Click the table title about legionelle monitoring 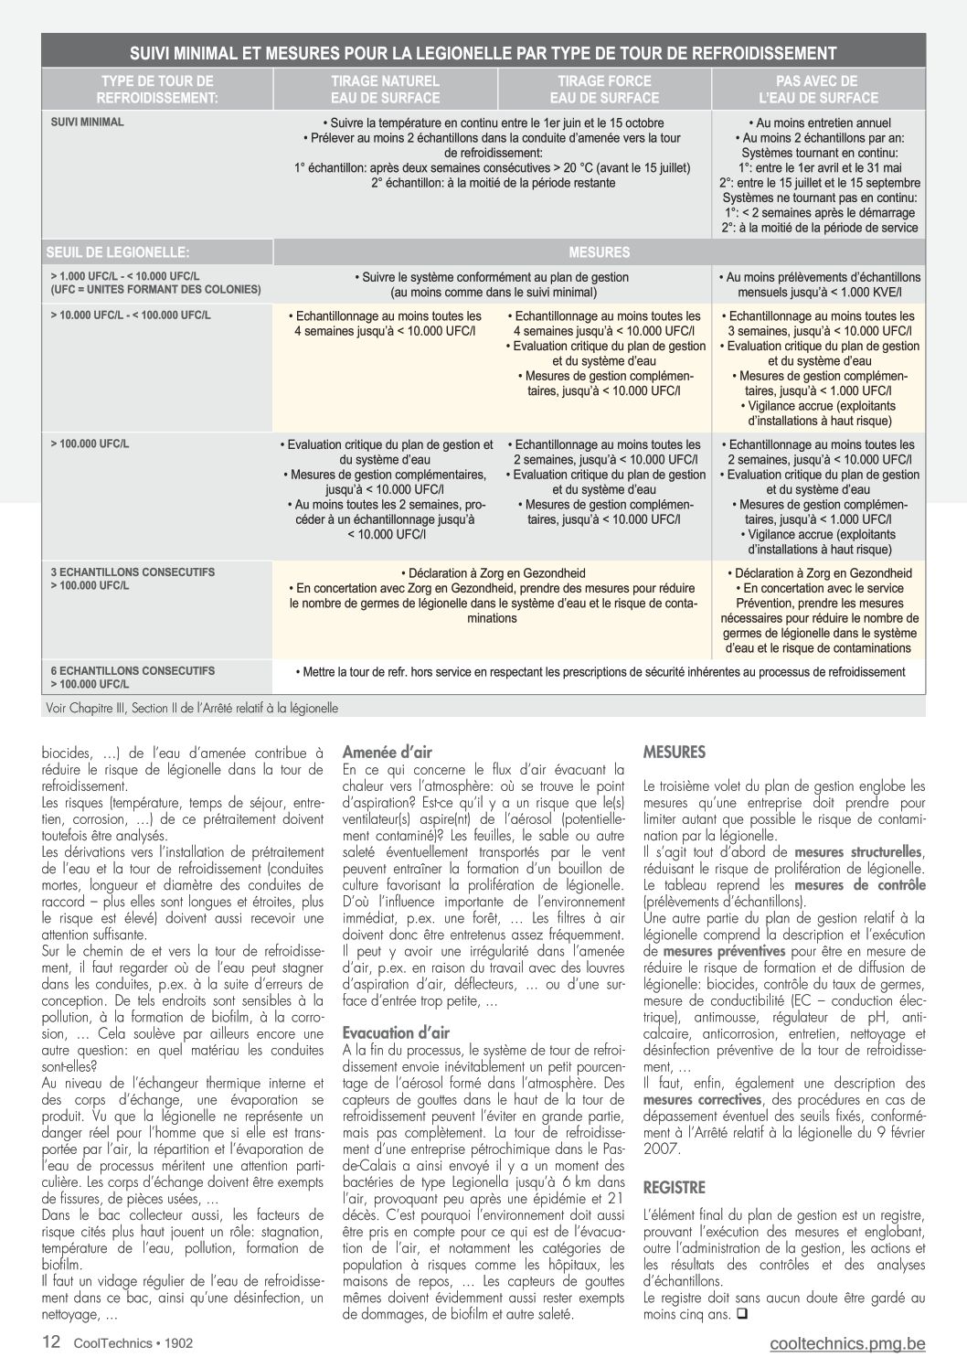[x=483, y=53]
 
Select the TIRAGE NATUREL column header [x=385, y=90]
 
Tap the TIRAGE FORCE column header [x=604, y=90]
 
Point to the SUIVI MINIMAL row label [x=88, y=122]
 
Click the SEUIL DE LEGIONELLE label [x=119, y=251]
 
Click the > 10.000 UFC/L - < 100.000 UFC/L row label [x=131, y=315]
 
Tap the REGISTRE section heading [x=675, y=1188]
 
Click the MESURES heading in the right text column [x=675, y=753]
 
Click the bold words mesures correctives [x=702, y=1100]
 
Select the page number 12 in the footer [x=51, y=1342]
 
